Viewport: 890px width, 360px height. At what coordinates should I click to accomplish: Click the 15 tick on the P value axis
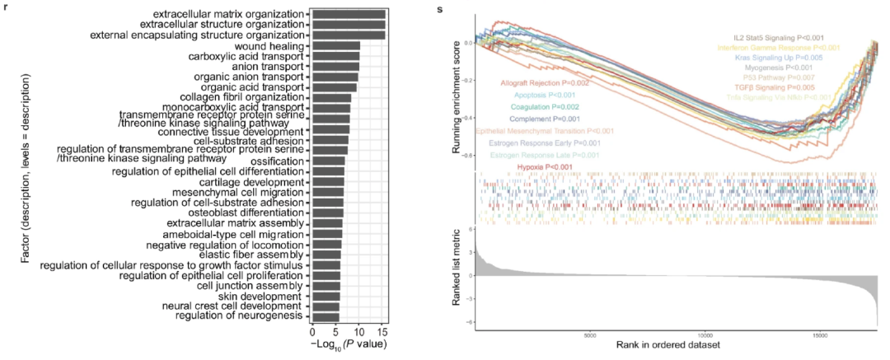coord(382,331)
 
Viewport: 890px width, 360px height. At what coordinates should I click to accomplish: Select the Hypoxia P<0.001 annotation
coord(545,168)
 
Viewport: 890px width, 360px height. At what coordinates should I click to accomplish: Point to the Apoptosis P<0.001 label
coord(546,96)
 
